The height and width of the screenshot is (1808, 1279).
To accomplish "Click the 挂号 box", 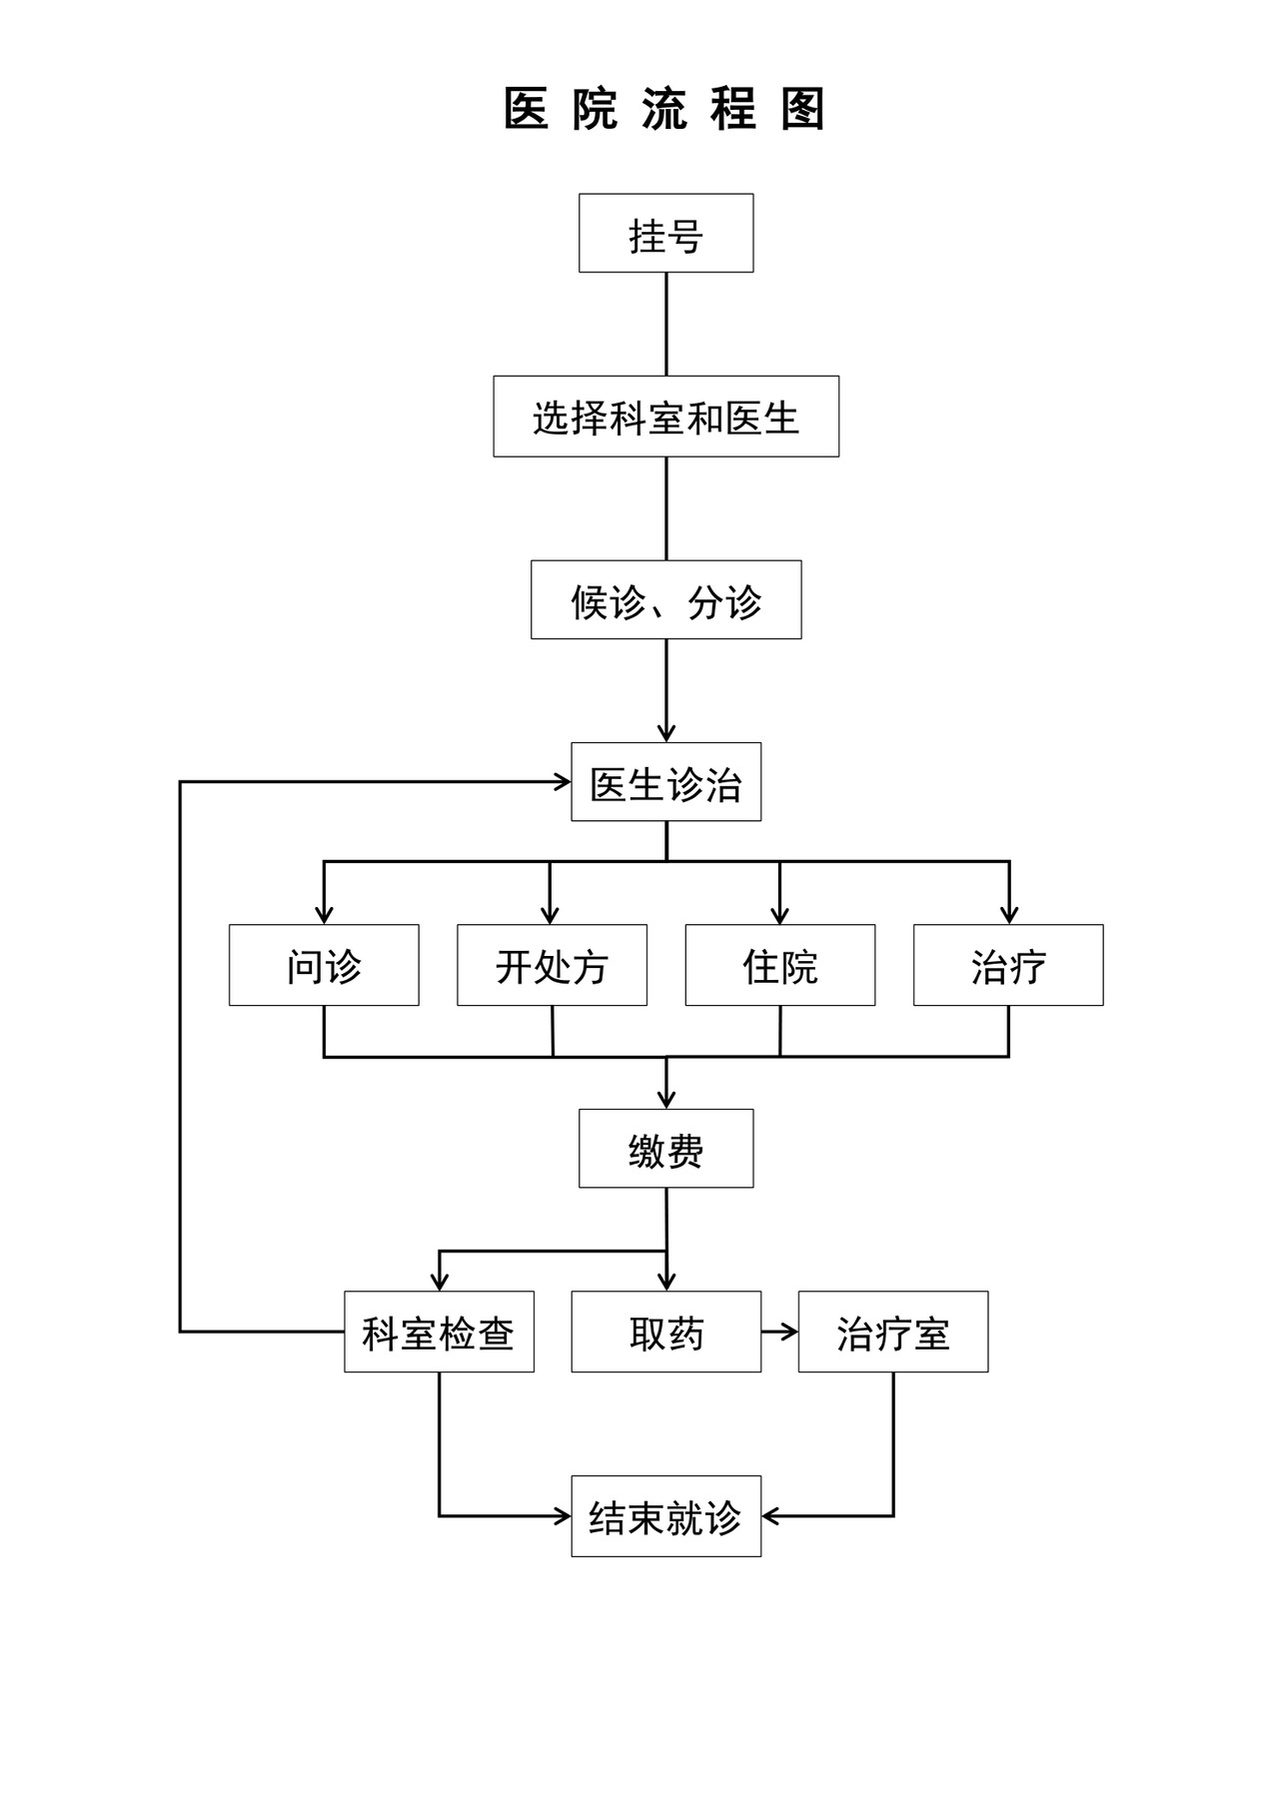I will click(x=665, y=233).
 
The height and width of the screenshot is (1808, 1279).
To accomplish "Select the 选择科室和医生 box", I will click(x=665, y=417).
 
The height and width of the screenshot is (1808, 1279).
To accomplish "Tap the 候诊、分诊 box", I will click(x=665, y=599).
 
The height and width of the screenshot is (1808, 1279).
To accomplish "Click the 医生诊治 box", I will click(x=665, y=782).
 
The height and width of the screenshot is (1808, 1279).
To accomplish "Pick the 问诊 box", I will click(x=324, y=965).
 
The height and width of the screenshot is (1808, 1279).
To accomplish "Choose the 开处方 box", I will click(x=552, y=965).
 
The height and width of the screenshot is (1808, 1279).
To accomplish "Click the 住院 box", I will click(x=779, y=965).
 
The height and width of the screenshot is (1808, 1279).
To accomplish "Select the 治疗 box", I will click(x=1008, y=965).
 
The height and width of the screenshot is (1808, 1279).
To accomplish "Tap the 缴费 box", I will click(x=665, y=1149).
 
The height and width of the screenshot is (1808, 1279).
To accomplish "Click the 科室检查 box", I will click(x=439, y=1332).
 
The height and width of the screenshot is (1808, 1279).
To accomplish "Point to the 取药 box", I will click(x=665, y=1332).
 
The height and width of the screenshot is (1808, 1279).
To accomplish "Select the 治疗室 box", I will click(x=892, y=1332).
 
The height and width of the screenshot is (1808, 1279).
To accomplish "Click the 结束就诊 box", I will click(x=665, y=1515).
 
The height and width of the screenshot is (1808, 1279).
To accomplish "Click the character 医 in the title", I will click(x=526, y=109).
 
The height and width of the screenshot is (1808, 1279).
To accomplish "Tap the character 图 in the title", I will click(x=803, y=109).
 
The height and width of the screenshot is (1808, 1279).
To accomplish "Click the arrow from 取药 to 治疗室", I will click(x=779, y=1332).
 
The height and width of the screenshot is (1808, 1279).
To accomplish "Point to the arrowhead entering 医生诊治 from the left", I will click(x=563, y=782).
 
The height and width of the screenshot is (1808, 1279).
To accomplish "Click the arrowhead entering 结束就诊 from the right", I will click(x=770, y=1516).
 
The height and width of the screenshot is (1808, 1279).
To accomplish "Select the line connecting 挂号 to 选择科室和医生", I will click(x=666, y=324).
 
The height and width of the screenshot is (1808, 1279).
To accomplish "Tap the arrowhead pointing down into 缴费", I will click(x=666, y=1100).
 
